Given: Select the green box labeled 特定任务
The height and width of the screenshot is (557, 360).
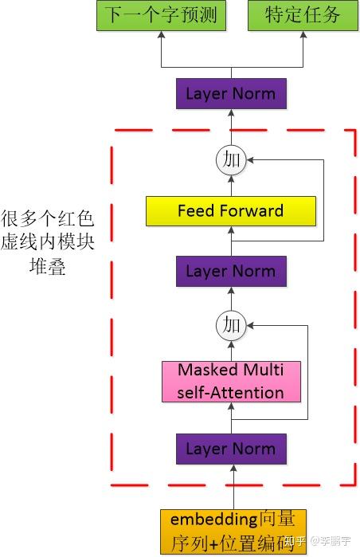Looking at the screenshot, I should pyautogui.click(x=303, y=16).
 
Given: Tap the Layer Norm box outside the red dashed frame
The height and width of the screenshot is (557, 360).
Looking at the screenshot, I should pyautogui.click(x=231, y=94).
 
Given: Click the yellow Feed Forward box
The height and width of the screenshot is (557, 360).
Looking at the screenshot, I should pyautogui.click(x=231, y=211).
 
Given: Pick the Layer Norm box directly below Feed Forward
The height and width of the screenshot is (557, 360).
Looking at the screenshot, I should pyautogui.click(x=231, y=271).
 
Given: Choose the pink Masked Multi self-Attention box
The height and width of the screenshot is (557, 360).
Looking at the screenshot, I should pyautogui.click(x=231, y=382).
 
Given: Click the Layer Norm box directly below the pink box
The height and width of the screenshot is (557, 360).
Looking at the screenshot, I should pyautogui.click(x=231, y=449).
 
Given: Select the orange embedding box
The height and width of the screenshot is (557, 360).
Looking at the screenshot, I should pyautogui.click(x=233, y=532).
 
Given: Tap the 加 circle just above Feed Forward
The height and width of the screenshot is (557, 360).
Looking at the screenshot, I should pyautogui.click(x=231, y=160).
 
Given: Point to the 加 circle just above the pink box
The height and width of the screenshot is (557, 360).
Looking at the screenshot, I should pyautogui.click(x=231, y=324).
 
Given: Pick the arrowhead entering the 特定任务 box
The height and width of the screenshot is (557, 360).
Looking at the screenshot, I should pyautogui.click(x=303, y=35).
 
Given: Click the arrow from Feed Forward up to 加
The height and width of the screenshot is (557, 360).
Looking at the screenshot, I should pyautogui.click(x=231, y=185).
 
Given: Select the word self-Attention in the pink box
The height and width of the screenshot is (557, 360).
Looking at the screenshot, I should pyautogui.click(x=231, y=392).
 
